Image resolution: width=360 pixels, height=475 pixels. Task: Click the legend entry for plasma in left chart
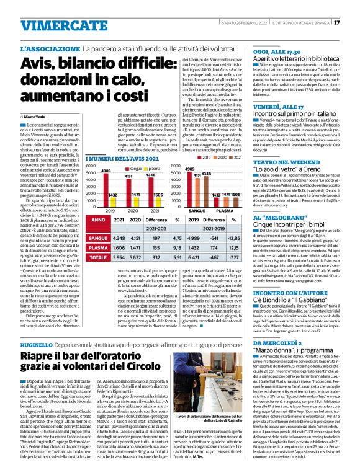click(151, 168)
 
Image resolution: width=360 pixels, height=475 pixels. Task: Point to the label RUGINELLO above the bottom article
click(38, 342)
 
